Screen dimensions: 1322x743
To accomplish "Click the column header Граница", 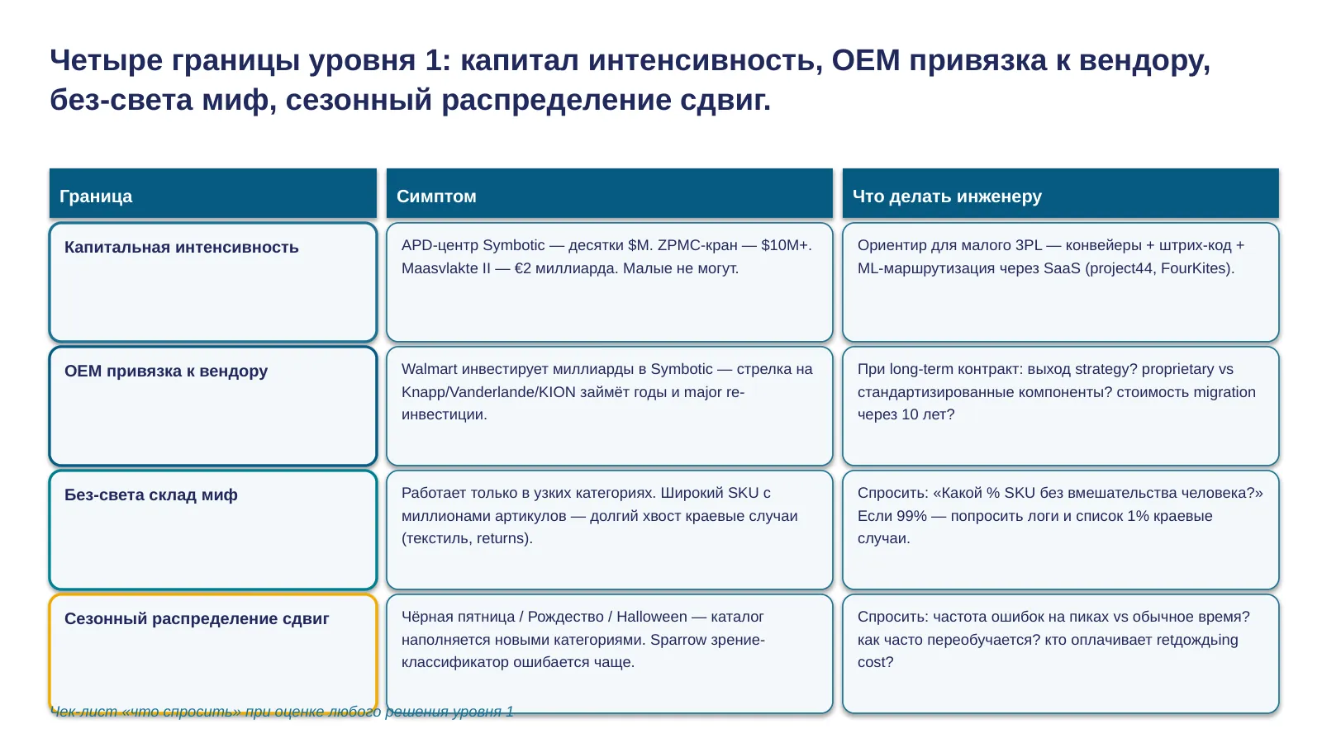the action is tap(96, 196).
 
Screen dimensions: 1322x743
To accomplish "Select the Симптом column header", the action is tap(436, 196).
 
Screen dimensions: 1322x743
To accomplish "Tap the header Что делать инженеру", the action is tap(947, 196).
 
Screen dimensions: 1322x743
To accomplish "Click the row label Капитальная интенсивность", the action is tap(181, 247).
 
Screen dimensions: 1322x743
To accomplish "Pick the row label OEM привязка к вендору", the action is tap(166, 371).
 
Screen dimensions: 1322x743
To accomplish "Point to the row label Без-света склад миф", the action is tap(151, 495).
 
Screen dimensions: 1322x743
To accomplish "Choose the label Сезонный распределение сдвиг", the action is tap(197, 618).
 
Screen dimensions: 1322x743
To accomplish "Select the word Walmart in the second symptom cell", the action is tap(429, 369).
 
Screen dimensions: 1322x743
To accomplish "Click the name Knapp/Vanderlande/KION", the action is tap(488, 392).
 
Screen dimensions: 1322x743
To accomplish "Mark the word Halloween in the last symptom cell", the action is tap(652, 617).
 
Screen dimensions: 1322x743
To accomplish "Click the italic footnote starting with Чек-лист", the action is tap(282, 712).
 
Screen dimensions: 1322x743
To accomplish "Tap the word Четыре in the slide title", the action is tap(107, 60).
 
